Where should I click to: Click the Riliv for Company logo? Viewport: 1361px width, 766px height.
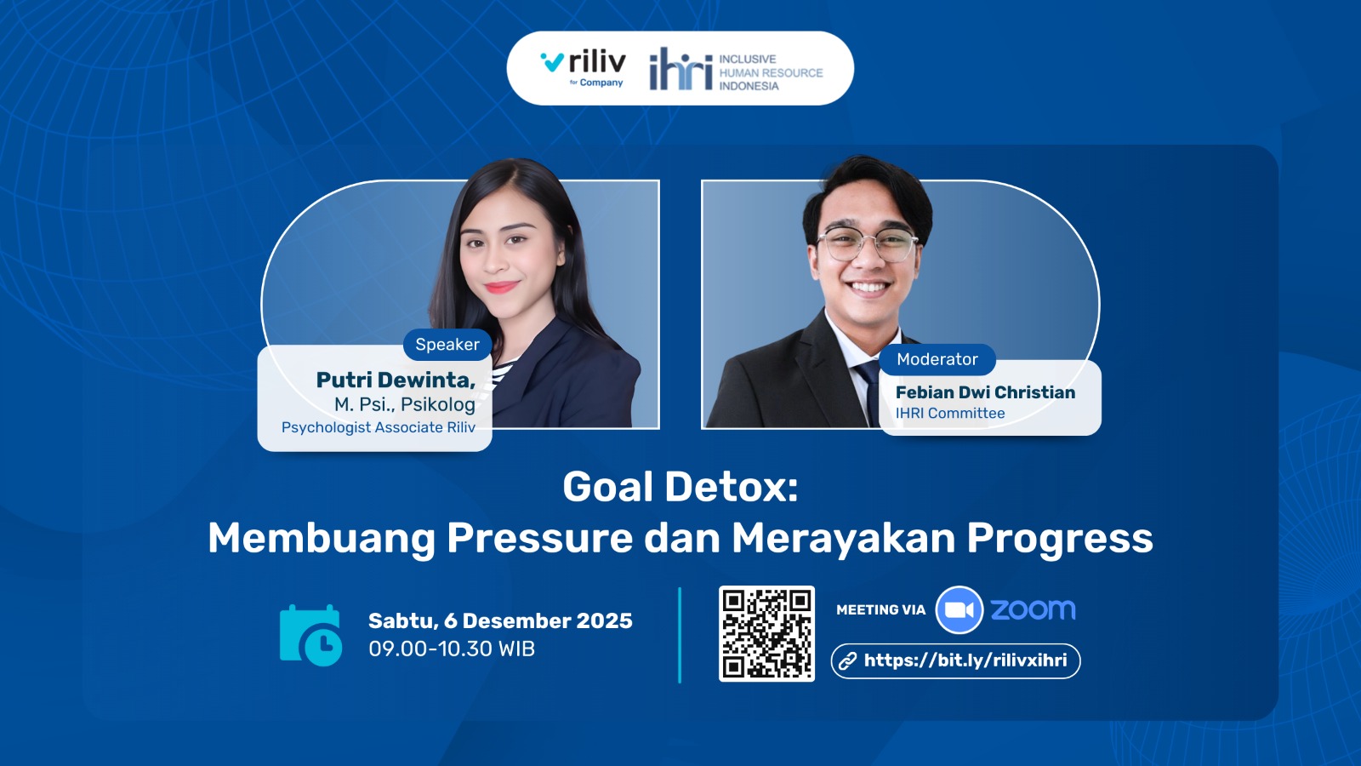583,69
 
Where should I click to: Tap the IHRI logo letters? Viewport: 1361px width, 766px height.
680,69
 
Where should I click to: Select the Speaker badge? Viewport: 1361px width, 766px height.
447,345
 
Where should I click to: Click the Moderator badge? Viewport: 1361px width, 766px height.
937,359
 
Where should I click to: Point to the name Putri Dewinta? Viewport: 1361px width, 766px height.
396,380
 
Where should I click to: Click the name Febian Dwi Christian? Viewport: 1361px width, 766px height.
985,392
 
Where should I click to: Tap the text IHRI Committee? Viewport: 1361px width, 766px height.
949,414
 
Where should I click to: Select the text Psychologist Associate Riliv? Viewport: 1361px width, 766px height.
378,428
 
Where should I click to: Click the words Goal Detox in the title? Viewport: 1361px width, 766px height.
680,488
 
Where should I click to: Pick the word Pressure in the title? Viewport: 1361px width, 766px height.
539,538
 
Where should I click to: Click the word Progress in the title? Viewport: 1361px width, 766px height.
1060,540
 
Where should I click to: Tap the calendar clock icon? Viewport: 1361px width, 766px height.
310,635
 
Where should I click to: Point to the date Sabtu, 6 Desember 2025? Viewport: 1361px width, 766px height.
500,620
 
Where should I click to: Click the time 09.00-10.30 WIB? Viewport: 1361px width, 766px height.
452,649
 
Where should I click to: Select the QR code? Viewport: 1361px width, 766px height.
766,633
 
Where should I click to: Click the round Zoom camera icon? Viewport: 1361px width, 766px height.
959,610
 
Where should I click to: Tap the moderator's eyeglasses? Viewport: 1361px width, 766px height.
868,243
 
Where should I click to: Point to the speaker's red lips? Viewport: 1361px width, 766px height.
501,287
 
